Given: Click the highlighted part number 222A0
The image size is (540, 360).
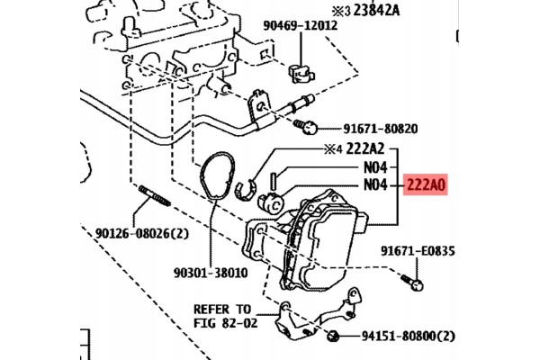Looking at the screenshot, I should (x=427, y=186).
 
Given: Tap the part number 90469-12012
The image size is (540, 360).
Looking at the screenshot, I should (x=301, y=25).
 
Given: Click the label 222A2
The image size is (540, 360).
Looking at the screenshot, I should (x=366, y=149).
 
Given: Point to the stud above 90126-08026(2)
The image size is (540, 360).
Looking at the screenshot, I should (x=150, y=198).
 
